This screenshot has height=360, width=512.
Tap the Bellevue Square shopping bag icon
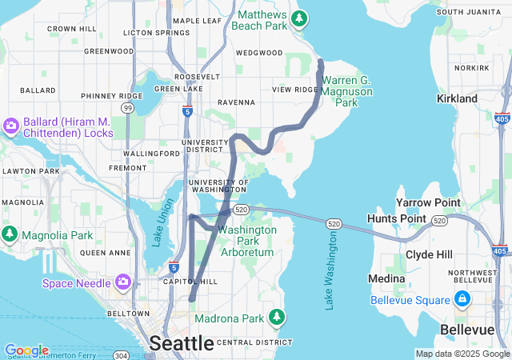[462, 299]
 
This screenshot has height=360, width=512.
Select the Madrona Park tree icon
[277, 316]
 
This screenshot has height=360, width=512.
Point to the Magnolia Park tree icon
[10, 234]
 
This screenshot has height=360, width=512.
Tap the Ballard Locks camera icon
[11, 126]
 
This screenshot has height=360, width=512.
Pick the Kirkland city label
[457, 98]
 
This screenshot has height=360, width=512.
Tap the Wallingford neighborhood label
[152, 153]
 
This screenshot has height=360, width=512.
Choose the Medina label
[386, 278]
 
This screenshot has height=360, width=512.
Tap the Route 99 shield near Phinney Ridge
[127, 107]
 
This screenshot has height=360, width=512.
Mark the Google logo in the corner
[26, 350]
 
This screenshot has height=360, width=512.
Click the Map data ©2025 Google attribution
[462, 354]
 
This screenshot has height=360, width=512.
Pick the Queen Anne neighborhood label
[105, 252]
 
